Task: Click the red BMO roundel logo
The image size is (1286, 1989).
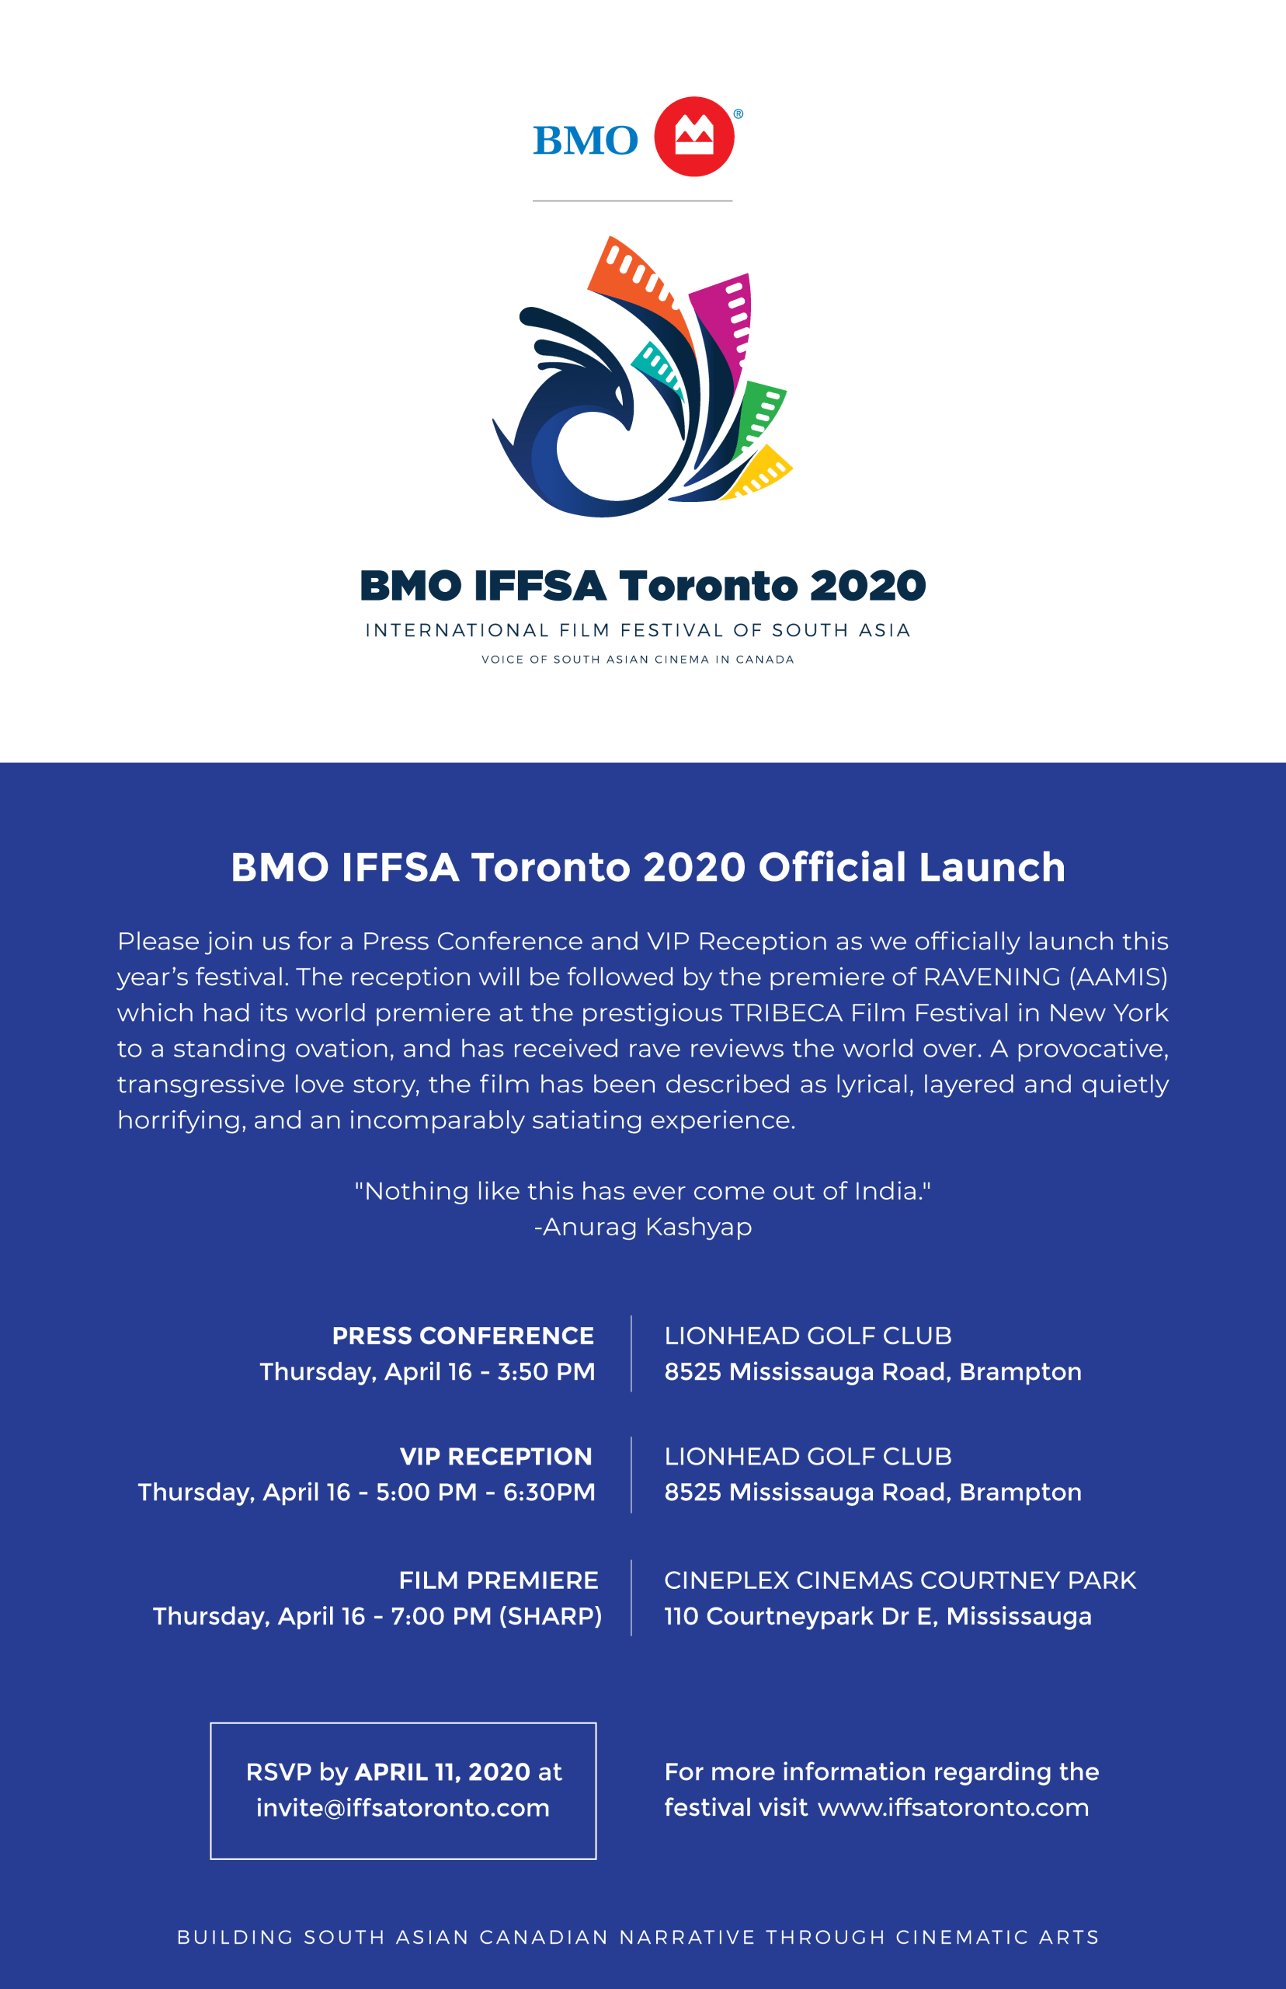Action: coord(693,137)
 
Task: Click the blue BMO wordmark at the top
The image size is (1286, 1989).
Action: coord(586,141)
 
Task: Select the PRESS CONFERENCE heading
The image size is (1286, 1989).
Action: coord(463,1336)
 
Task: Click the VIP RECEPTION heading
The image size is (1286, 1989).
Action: coord(496,1457)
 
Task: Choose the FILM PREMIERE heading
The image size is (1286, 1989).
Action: coord(499,1580)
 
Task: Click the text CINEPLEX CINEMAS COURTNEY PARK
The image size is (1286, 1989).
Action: coord(899,1580)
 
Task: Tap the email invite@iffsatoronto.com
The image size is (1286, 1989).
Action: coord(402,1808)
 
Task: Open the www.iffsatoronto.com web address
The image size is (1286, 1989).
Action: coord(953,1808)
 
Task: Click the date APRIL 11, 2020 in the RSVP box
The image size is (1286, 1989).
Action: coord(443,1771)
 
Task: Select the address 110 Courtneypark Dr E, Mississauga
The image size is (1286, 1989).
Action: coord(878,1616)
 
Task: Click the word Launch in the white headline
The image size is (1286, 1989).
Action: coord(992,867)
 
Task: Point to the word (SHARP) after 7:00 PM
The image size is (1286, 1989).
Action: coord(551,1616)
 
